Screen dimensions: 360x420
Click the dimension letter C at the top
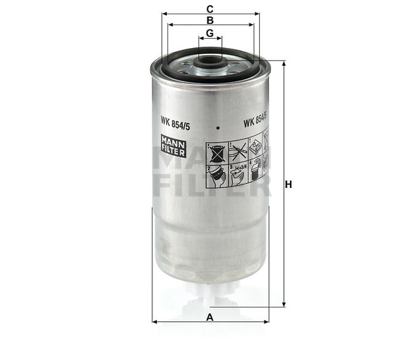[209, 9]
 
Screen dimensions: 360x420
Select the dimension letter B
[209, 20]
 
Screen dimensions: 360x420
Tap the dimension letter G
[209, 33]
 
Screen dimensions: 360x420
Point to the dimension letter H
[288, 185]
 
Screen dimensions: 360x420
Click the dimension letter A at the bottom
[210, 317]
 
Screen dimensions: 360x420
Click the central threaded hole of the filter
[210, 64]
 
